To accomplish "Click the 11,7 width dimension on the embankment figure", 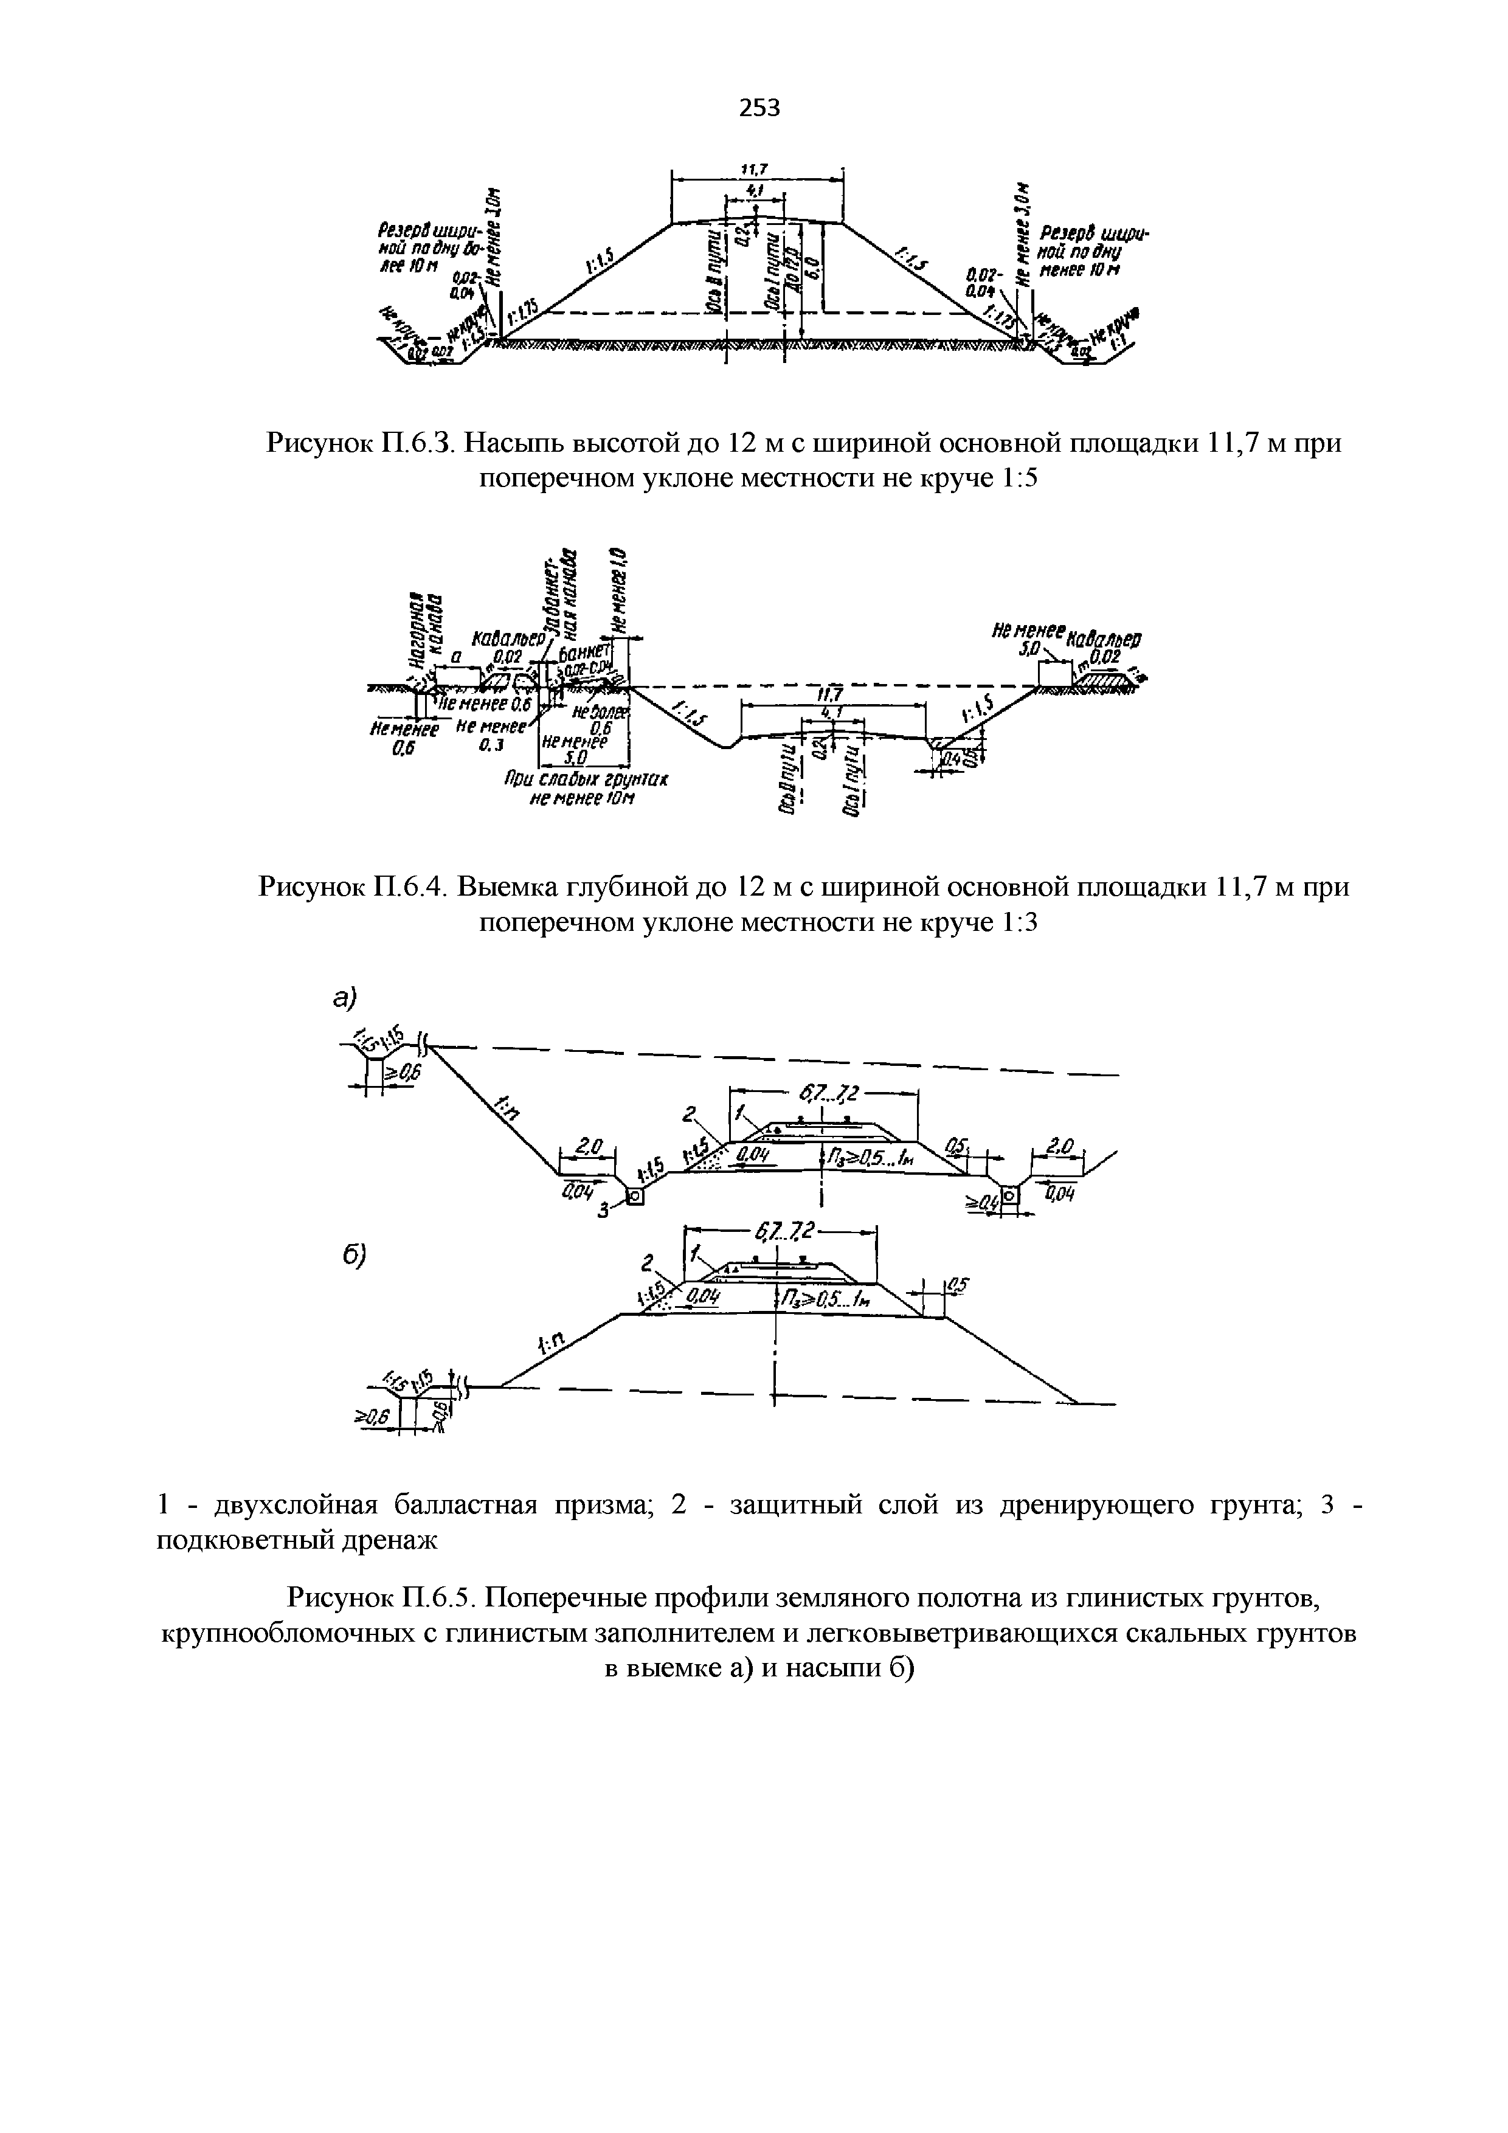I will (753, 168).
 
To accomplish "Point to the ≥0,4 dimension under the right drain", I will (980, 1204).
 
